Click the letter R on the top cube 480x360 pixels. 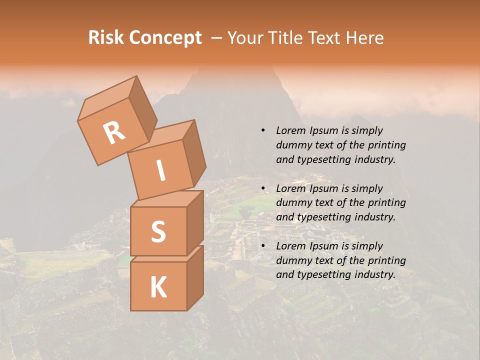tap(114, 132)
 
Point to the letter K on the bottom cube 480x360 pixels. tap(158, 287)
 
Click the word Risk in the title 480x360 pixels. tap(106, 38)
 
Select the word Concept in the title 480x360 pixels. tap(165, 38)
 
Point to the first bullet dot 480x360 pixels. tap(263, 131)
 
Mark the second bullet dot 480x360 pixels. tap(263, 188)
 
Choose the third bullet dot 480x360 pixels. tap(263, 246)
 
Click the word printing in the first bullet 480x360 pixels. tap(386, 145)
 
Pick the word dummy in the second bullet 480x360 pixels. tap(292, 203)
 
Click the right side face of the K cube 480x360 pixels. tap(195, 277)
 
